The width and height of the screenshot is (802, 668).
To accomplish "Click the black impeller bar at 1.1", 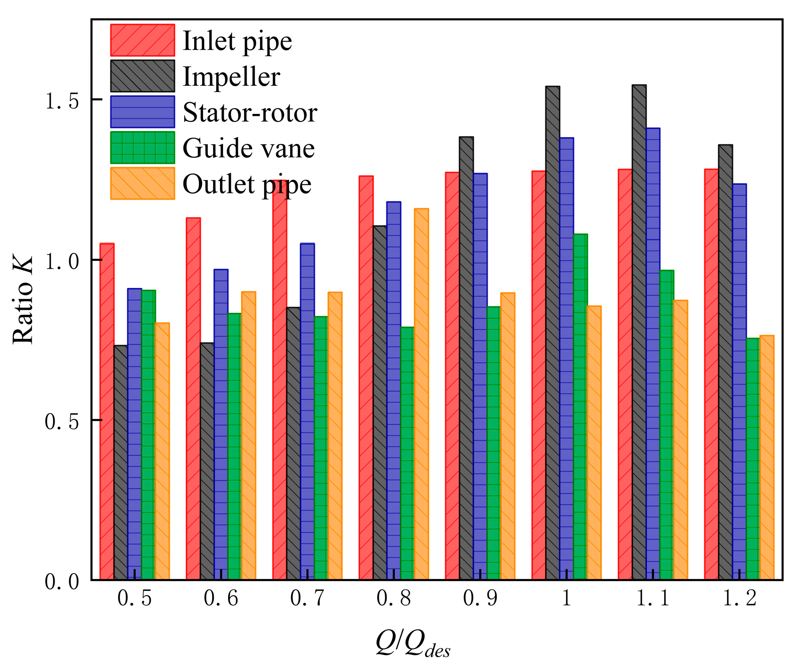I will [639, 333].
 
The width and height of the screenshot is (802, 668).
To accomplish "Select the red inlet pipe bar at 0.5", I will [107, 412].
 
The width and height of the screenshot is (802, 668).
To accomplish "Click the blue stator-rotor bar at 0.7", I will [307, 412].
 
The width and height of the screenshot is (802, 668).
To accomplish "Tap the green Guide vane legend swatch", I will [143, 148].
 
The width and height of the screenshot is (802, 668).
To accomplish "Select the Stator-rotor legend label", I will [250, 112].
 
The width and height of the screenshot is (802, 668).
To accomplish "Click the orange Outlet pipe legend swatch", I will [143, 183].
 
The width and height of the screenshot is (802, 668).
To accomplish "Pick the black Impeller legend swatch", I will [143, 76].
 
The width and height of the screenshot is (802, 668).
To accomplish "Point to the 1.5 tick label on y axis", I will [62, 101].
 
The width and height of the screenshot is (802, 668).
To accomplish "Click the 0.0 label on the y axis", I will [62, 581].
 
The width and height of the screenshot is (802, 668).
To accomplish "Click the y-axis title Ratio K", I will [23, 300].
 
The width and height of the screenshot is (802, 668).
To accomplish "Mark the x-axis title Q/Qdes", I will [413, 644].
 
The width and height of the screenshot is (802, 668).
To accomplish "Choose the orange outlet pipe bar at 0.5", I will [162, 451].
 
